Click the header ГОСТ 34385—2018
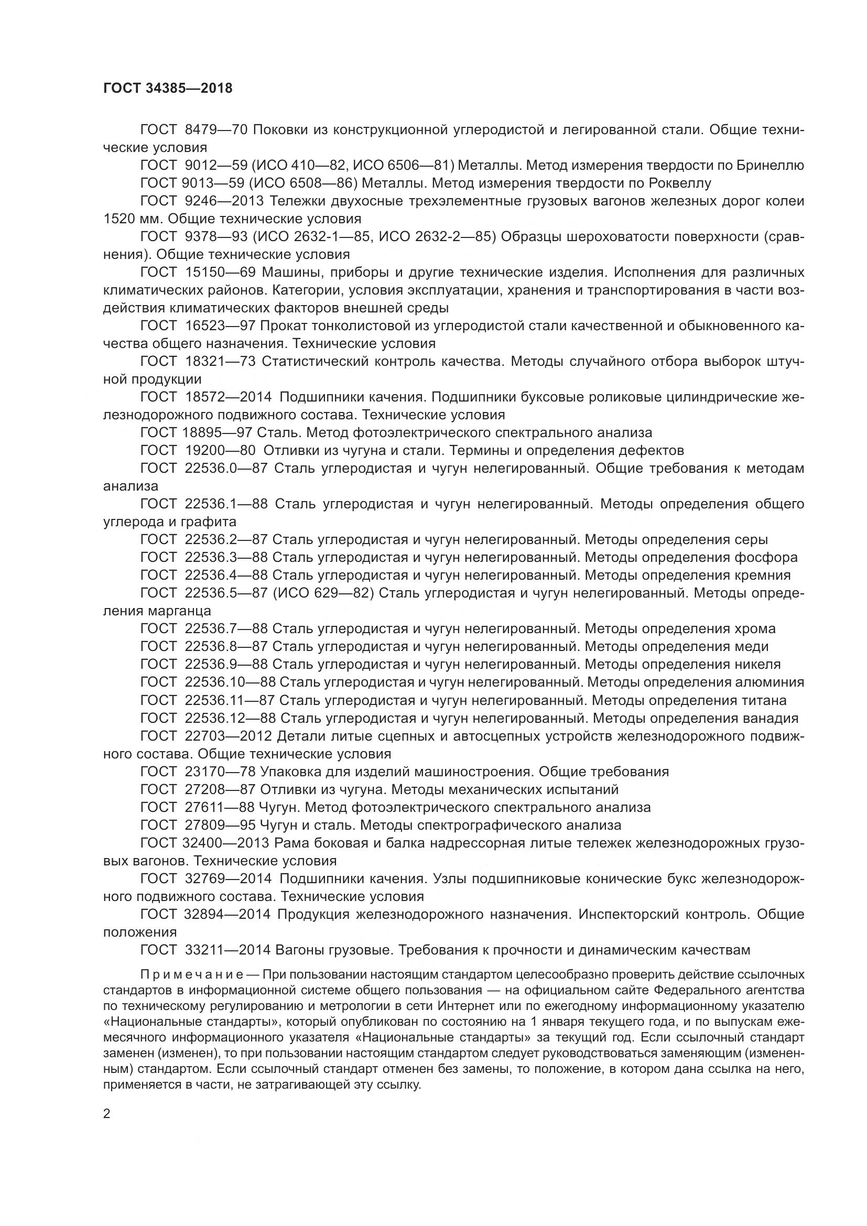[x=168, y=89]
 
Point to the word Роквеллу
[x=680, y=183]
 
